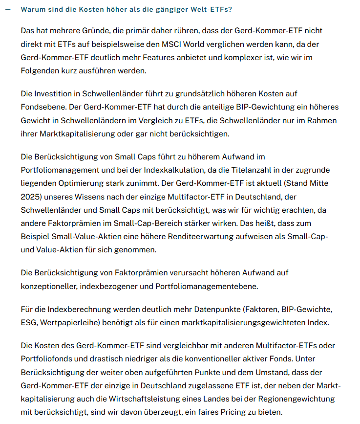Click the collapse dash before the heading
click(7, 9)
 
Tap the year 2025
click(31, 197)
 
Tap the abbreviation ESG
click(28, 323)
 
